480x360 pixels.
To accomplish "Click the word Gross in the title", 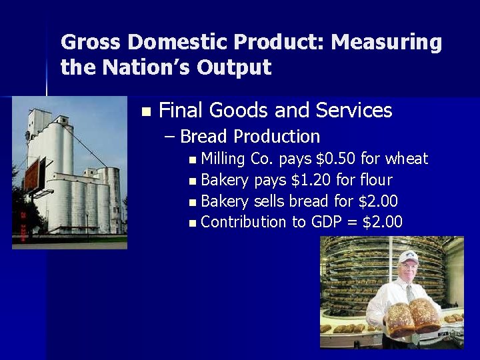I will point(91,43).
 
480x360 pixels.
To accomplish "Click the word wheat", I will point(407,159).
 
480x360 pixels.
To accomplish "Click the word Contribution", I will point(243,222).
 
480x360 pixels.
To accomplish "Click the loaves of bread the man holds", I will point(413,317).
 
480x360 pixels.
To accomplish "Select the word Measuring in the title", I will point(387,43).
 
